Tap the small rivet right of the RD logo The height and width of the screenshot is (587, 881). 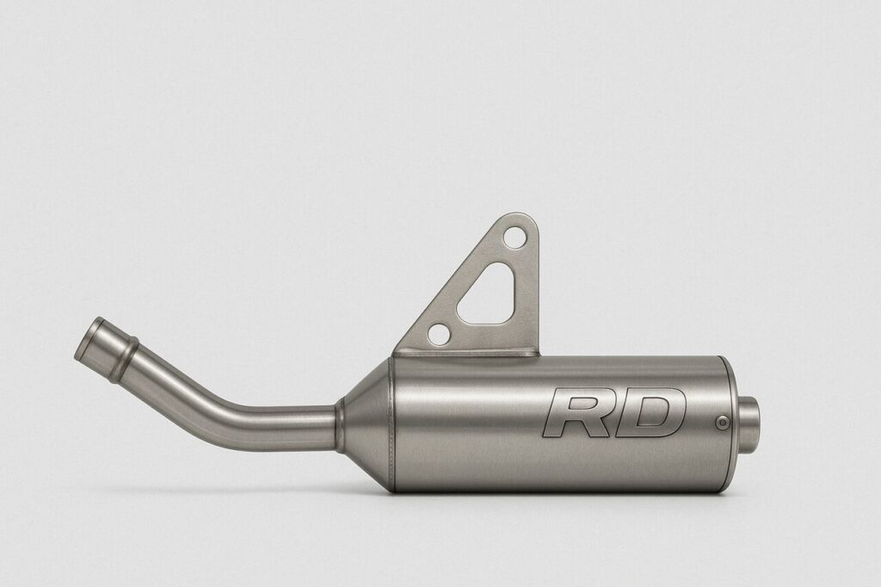point(724,421)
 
